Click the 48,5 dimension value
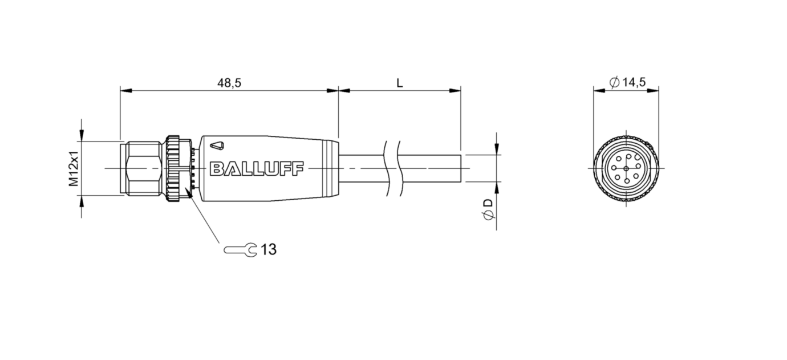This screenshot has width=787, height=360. click(x=229, y=83)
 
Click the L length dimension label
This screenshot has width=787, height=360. click(x=399, y=83)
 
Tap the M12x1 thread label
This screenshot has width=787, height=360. click(x=74, y=169)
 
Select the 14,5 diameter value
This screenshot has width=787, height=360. click(x=634, y=82)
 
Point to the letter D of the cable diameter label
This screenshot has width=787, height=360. click(x=488, y=203)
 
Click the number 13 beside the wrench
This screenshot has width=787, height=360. click(x=269, y=249)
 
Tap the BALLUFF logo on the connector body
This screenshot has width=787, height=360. click(x=257, y=169)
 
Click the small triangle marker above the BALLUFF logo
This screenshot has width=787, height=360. click(x=217, y=145)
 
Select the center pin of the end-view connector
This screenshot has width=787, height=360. click(x=626, y=169)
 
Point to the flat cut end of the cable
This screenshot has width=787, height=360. click(x=461, y=168)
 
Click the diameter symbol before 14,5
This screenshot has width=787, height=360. click(x=615, y=82)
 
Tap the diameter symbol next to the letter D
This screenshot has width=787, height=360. click(x=488, y=215)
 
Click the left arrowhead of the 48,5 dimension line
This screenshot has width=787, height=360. click(x=126, y=91)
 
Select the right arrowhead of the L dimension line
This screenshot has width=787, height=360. click(x=455, y=91)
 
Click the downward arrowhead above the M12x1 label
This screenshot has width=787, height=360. click(x=82, y=136)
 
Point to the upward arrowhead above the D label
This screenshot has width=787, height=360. click(x=497, y=188)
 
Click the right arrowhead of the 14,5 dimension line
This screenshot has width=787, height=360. click(x=653, y=91)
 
